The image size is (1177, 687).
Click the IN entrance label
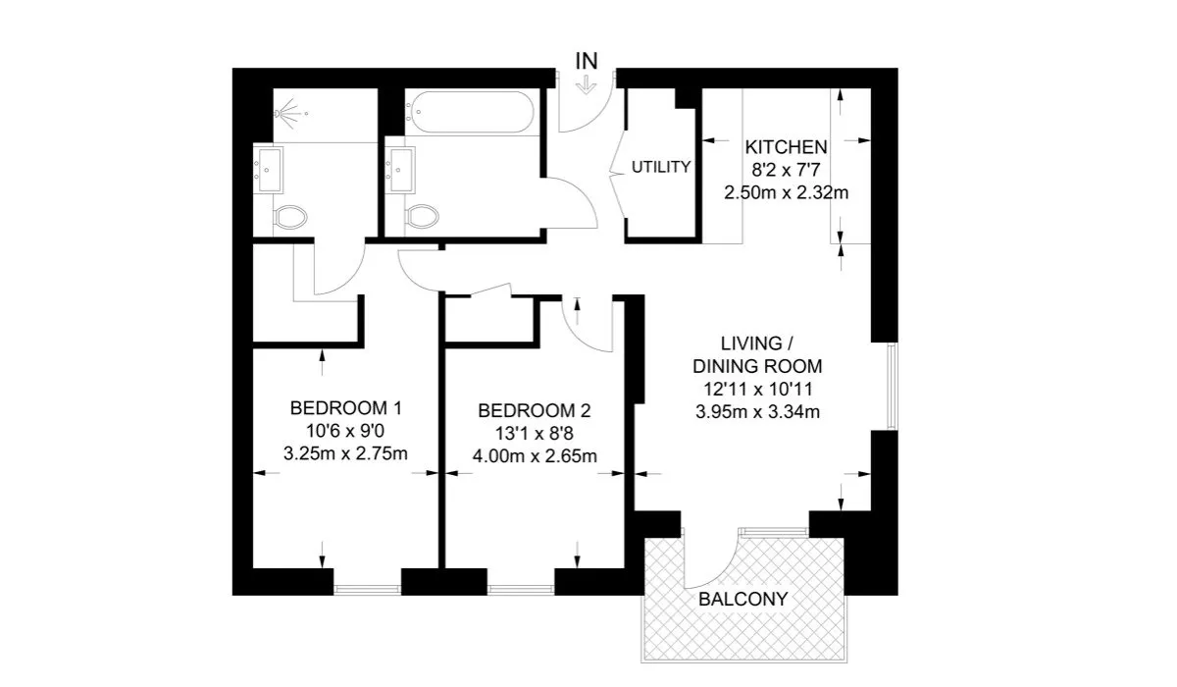click(x=587, y=61)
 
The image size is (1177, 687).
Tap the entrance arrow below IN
click(x=586, y=85)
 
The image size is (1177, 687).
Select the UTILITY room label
click(x=661, y=167)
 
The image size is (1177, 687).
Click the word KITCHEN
click(x=786, y=147)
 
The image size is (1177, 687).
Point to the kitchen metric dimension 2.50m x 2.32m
click(x=786, y=193)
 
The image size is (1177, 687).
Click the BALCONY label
click(x=743, y=599)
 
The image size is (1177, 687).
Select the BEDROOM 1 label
click(x=345, y=408)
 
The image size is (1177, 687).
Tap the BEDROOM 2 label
click(x=534, y=410)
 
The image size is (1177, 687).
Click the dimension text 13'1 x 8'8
click(x=534, y=434)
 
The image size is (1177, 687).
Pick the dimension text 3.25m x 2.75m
click(x=345, y=453)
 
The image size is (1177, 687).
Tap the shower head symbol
click(x=291, y=113)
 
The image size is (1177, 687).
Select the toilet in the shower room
click(x=290, y=217)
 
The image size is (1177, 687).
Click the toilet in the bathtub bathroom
click(x=423, y=217)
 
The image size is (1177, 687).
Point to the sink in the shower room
click(x=269, y=170)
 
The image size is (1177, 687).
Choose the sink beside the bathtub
click(x=400, y=170)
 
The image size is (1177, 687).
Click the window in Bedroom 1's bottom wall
click(x=367, y=590)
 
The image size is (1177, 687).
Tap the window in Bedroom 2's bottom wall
click(x=521, y=590)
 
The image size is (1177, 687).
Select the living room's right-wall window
click(x=892, y=387)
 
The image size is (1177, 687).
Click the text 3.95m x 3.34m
click(x=757, y=411)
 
